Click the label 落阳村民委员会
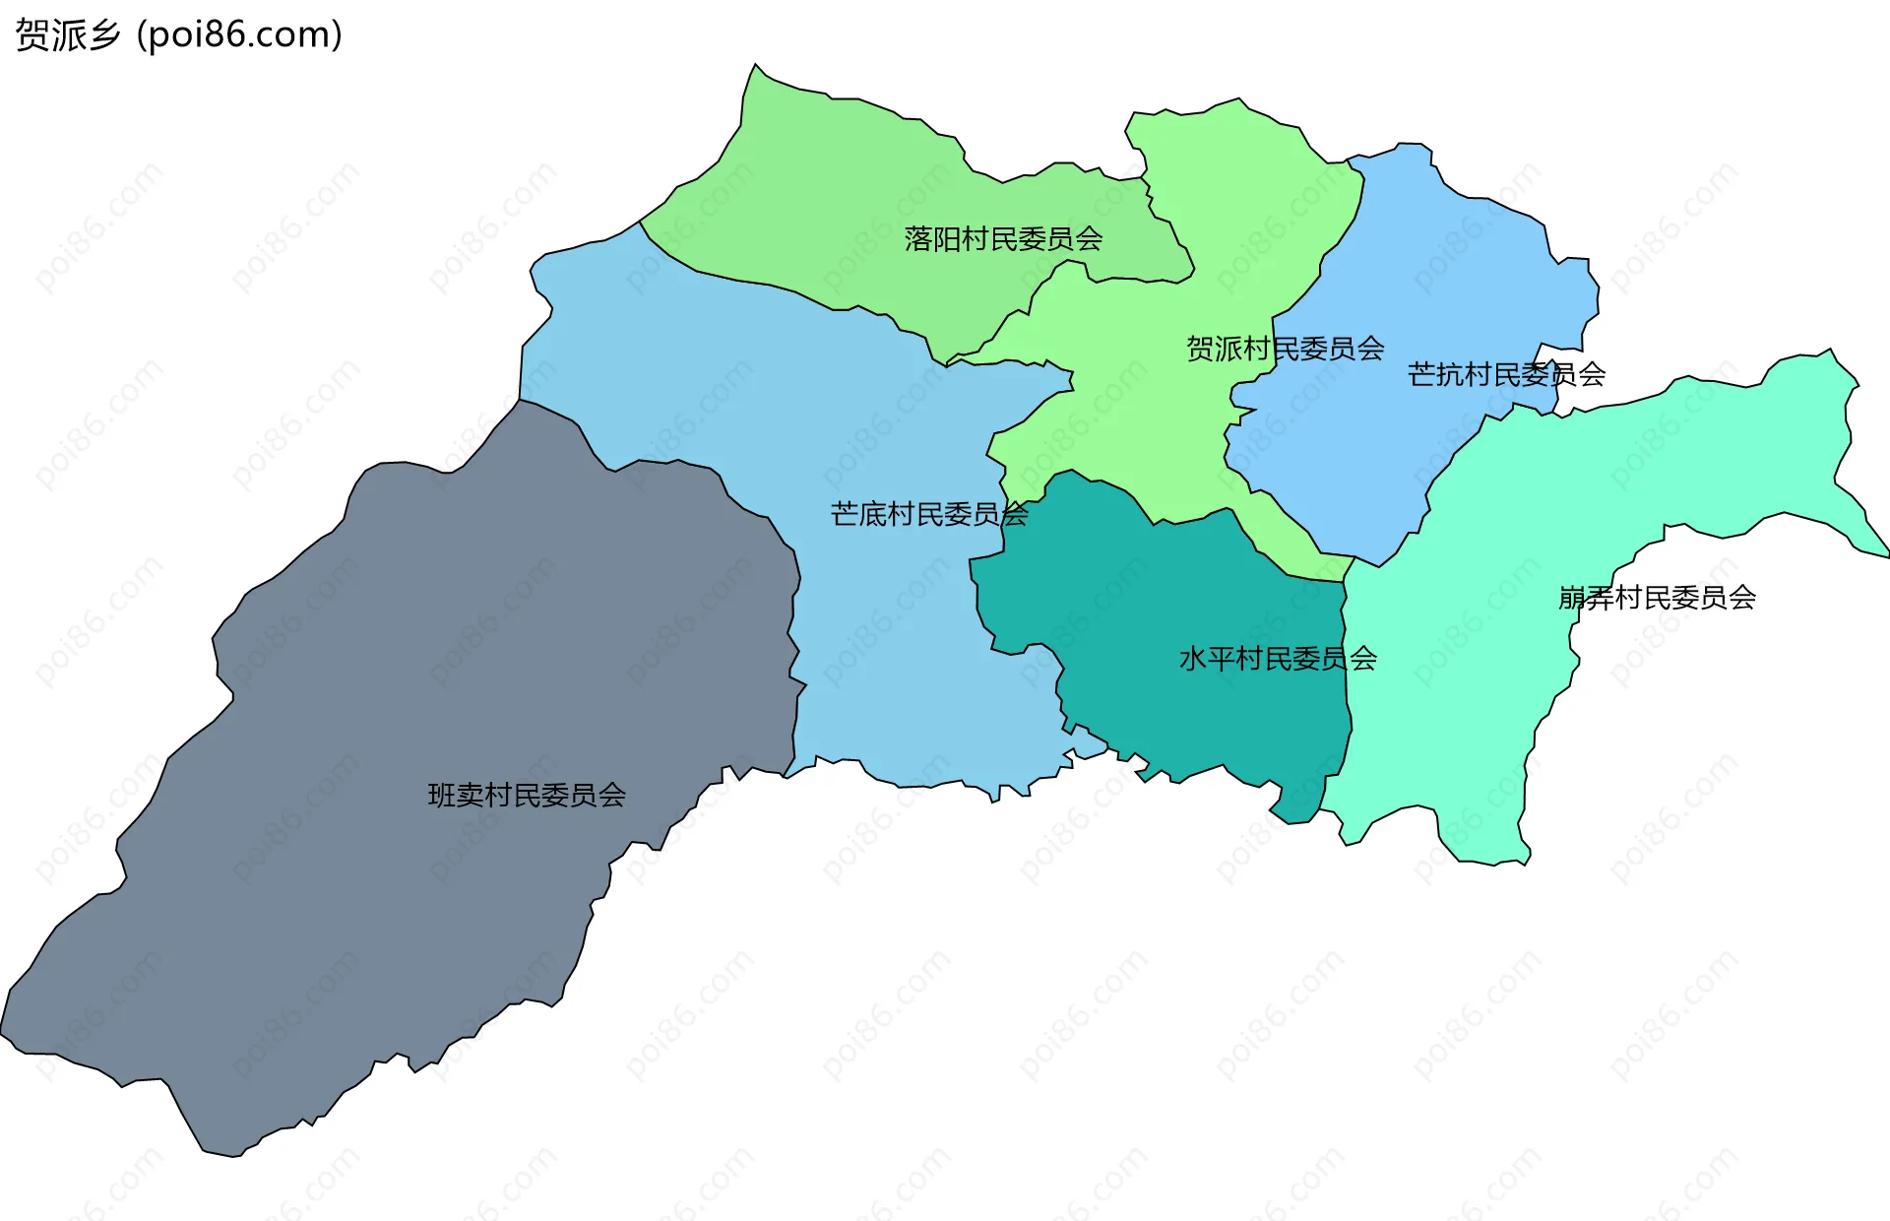(x=1003, y=239)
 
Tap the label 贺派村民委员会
(x=1285, y=349)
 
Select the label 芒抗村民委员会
(x=1506, y=375)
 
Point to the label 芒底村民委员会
(x=929, y=514)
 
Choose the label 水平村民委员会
(x=1278, y=659)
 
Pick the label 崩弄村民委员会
(x=1657, y=598)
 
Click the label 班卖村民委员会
(x=527, y=796)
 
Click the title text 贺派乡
(x=68, y=35)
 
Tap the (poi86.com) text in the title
(x=240, y=35)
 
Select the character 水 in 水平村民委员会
(x=1193, y=659)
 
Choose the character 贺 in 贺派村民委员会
(x=1200, y=349)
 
